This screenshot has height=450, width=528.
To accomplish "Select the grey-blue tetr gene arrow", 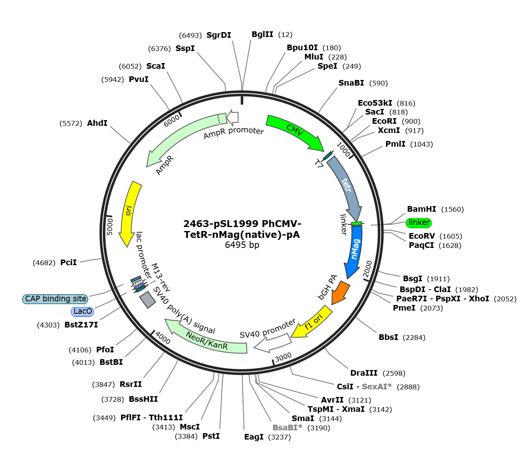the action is pyautogui.click(x=347, y=186).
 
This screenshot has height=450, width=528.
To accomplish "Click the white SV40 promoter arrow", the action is pyautogui.click(x=272, y=343).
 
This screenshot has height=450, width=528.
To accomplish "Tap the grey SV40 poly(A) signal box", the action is pyautogui.click(x=148, y=300).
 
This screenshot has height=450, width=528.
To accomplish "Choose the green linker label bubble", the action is pyautogui.click(x=419, y=223).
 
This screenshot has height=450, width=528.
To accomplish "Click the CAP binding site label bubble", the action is pyautogui.click(x=55, y=299).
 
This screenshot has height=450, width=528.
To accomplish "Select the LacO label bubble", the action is pyautogui.click(x=82, y=311).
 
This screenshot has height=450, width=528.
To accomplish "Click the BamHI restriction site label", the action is pyautogui.click(x=422, y=209).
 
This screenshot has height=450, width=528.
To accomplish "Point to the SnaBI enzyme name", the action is pyautogui.click(x=351, y=83).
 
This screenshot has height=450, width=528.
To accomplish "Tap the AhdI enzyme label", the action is pyautogui.click(x=97, y=123).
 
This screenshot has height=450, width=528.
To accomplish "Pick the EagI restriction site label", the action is pyautogui.click(x=254, y=437).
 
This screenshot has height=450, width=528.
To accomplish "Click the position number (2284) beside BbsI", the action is pyautogui.click(x=414, y=337).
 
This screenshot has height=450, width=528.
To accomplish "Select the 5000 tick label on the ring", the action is pyautogui.click(x=110, y=227).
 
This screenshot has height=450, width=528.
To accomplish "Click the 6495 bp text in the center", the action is pyautogui.click(x=242, y=245).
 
